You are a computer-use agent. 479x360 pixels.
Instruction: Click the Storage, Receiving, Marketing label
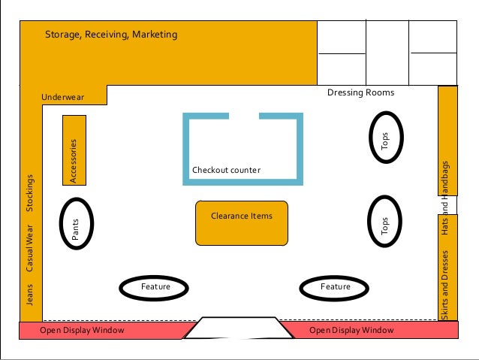click(x=111, y=35)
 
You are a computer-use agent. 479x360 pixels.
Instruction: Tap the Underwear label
click(x=63, y=97)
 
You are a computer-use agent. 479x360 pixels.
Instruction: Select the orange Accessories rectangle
click(x=74, y=150)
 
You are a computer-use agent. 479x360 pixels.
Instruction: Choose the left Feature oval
click(x=155, y=287)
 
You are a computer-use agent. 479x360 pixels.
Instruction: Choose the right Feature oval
click(x=335, y=287)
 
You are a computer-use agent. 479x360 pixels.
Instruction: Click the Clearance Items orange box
click(x=241, y=222)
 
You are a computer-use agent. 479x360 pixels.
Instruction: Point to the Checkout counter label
click(x=226, y=171)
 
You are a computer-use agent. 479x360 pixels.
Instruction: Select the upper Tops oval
click(x=385, y=137)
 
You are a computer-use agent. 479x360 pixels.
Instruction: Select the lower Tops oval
click(x=385, y=222)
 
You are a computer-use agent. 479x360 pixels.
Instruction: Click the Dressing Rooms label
click(x=360, y=92)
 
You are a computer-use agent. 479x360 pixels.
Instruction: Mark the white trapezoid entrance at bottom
click(x=234, y=328)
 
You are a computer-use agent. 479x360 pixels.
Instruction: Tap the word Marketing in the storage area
click(x=154, y=35)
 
